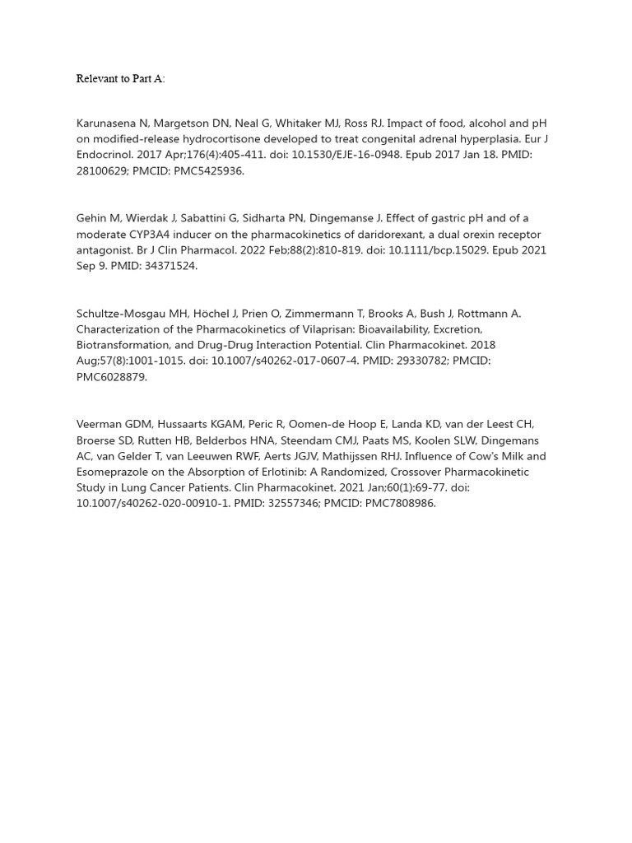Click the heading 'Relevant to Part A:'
tap(120, 79)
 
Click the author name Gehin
tap(92, 218)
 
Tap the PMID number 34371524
tap(170, 265)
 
